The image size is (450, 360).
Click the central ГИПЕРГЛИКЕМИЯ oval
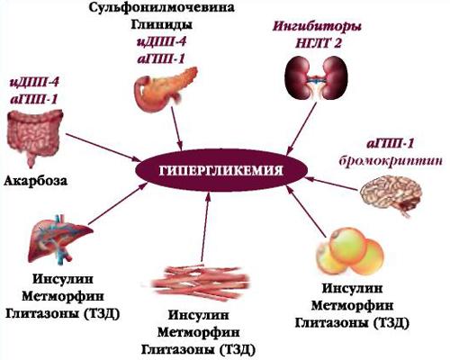coord(221,170)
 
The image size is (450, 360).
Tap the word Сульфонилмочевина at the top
coord(161,7)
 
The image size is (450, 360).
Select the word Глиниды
coord(161,24)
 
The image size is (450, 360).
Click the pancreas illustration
coord(165,88)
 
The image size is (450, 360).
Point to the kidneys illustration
coord(316,78)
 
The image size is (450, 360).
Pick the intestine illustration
coord(34,137)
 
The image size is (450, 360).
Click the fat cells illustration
coord(350,251)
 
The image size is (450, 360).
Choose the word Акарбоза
coord(36,181)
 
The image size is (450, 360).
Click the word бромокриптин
coord(391,161)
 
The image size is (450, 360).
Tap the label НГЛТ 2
coord(318,44)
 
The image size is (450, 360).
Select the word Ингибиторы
coord(318,27)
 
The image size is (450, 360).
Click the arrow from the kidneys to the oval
coord(302,129)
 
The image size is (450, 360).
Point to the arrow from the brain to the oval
coord(332,184)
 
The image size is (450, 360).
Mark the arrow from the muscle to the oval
coord(205,227)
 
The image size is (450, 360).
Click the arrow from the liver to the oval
coord(116,204)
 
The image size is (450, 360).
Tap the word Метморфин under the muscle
coord(199,332)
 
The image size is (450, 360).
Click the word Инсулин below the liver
coord(63,279)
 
